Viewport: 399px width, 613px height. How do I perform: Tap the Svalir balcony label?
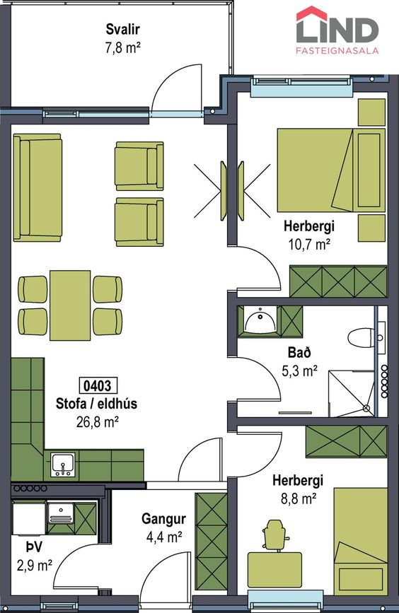[x=122, y=29]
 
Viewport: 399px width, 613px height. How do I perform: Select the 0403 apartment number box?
[x=98, y=386]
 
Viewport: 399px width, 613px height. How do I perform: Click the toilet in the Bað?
[x=361, y=337]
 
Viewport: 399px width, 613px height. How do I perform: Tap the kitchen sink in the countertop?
[x=62, y=465]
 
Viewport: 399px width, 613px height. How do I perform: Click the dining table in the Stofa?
[x=71, y=305]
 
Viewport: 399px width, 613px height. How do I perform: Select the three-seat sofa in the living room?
[x=37, y=187]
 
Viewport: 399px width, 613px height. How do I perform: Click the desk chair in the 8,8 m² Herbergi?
[x=277, y=535]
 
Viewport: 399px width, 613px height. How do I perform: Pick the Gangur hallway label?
[x=163, y=519]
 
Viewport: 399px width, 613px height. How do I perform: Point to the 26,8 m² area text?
[x=98, y=422]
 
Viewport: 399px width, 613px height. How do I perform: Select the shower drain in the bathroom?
[x=366, y=408]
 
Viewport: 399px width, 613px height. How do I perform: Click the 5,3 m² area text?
[x=299, y=370]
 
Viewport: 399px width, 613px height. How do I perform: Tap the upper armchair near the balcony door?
[x=139, y=166]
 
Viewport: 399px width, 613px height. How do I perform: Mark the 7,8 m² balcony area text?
[x=122, y=47]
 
